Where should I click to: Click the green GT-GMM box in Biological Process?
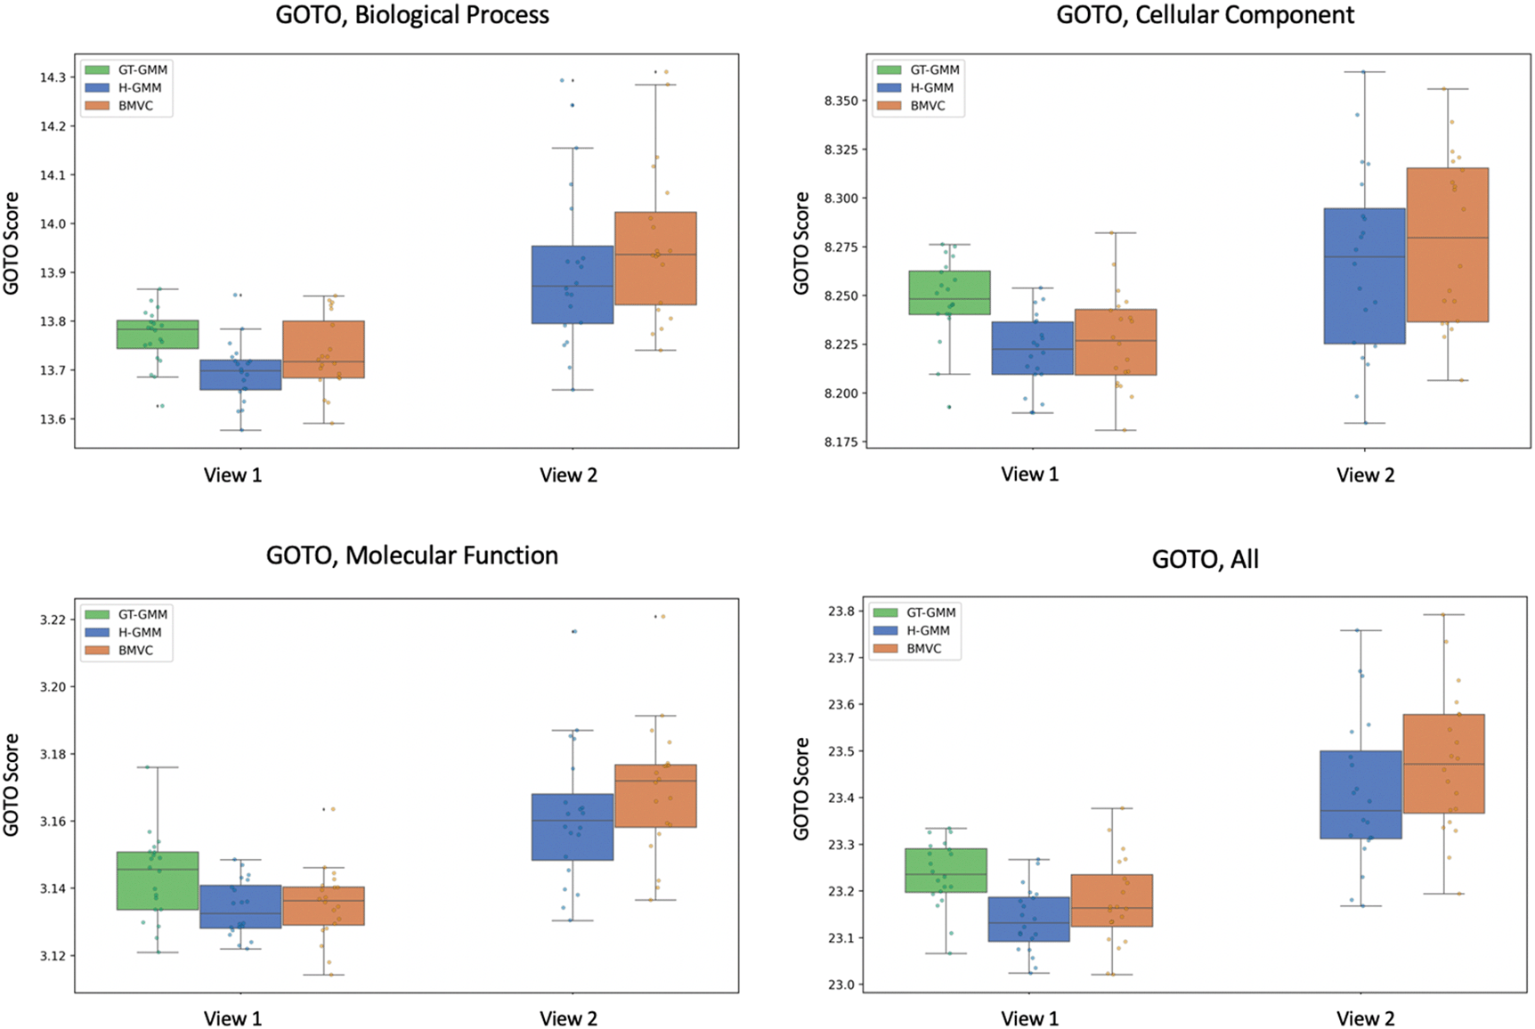click(158, 334)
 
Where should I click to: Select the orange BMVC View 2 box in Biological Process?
click(655, 258)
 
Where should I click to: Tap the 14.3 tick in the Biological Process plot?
click(53, 77)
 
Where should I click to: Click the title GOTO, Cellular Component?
click(1205, 15)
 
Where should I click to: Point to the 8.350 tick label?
click(841, 101)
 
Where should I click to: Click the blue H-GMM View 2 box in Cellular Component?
click(1364, 276)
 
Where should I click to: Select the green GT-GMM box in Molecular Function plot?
click(158, 880)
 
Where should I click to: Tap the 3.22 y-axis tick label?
click(53, 620)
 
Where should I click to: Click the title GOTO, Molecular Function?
click(411, 555)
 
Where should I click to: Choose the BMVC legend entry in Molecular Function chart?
click(135, 650)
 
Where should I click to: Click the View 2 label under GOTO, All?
click(1365, 1018)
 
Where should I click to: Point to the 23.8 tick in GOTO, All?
click(841, 612)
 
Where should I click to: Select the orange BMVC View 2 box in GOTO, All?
click(1443, 763)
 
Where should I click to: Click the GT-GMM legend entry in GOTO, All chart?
click(930, 612)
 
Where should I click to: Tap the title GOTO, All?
click(1205, 559)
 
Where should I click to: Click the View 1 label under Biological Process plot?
click(232, 474)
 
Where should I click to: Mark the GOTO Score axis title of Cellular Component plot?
click(801, 242)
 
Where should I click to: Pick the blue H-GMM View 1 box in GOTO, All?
click(1028, 919)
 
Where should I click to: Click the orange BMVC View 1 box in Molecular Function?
click(323, 905)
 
